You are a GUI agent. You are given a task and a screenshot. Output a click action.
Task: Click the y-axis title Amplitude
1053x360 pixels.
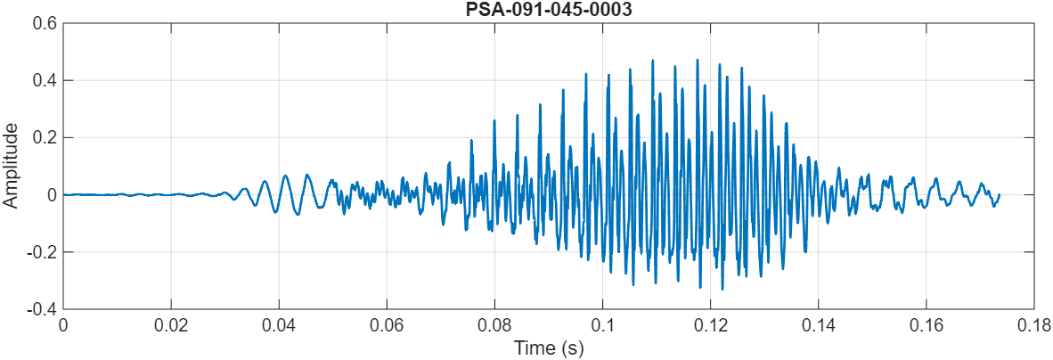(11, 167)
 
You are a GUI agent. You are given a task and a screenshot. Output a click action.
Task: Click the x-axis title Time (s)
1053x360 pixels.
(549, 348)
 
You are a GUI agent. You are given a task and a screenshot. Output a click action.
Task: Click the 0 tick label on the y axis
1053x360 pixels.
(53, 194)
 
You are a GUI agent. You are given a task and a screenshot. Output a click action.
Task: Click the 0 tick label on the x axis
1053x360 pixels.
(63, 324)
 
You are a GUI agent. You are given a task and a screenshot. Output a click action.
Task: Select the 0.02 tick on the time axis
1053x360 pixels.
(171, 324)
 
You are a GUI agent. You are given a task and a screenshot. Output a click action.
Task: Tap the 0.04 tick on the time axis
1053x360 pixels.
(279, 324)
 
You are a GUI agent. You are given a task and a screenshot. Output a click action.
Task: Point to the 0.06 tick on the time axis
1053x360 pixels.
(387, 324)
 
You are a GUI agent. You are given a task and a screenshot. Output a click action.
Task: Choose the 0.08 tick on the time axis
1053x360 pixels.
(494, 324)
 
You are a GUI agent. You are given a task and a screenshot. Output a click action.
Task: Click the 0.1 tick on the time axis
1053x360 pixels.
(603, 324)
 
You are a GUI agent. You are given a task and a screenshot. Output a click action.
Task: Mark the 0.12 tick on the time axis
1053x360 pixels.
(711, 324)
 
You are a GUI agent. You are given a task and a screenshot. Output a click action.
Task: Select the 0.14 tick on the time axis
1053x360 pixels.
(819, 324)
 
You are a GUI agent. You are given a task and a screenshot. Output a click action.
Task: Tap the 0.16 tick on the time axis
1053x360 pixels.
(926, 324)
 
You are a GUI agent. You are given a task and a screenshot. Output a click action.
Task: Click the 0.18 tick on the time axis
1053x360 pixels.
(1034, 324)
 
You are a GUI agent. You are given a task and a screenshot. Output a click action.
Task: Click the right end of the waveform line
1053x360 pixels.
(999, 194)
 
